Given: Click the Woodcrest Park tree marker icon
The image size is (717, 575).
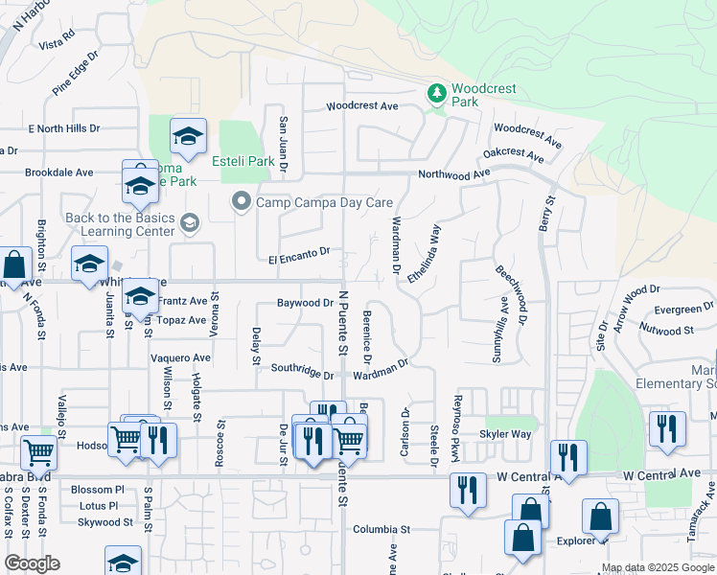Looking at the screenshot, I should (437, 93).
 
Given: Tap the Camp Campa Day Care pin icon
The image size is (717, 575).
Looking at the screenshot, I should (241, 202).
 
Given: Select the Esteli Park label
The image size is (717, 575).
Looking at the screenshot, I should (243, 161).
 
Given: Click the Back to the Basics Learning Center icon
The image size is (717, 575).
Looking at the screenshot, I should (190, 223).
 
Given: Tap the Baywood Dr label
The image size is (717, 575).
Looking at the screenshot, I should (304, 303).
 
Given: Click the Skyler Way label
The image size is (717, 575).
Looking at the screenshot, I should (506, 433).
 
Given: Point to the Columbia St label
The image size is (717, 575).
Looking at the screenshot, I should (381, 528).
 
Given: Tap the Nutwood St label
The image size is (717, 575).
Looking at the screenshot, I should (668, 331).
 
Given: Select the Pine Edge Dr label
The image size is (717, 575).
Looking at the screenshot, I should (77, 73).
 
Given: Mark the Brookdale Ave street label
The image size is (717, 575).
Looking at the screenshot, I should (58, 172).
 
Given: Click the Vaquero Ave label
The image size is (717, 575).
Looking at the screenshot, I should (180, 356).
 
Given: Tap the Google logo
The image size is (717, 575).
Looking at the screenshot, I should (32, 563).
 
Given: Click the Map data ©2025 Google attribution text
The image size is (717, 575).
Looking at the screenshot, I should (658, 567).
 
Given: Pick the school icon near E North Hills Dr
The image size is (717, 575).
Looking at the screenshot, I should (188, 138).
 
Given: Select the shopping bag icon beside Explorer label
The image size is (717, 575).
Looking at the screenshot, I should (599, 517).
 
